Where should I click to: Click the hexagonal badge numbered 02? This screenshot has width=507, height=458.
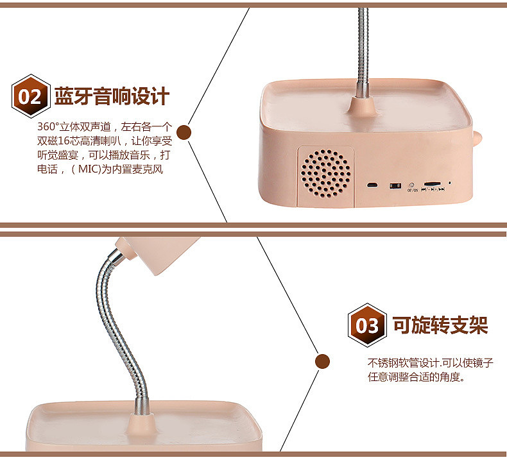click(x=30, y=97)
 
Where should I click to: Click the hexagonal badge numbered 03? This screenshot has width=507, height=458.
click(x=367, y=325)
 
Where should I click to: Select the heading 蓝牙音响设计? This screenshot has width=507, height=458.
click(x=112, y=97)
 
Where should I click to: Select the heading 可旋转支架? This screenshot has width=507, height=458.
click(x=440, y=325)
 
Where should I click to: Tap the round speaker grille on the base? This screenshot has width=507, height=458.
click(x=326, y=173)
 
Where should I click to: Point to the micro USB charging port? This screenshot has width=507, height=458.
click(x=372, y=185)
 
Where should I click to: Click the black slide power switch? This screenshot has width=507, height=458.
click(x=394, y=186)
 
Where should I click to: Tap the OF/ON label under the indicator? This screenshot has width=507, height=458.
click(x=412, y=191)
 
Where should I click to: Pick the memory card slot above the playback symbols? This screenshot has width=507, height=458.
click(x=432, y=183)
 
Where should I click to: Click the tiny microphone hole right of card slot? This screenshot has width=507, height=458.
click(x=450, y=183)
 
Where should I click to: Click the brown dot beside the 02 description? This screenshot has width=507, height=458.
click(x=185, y=133)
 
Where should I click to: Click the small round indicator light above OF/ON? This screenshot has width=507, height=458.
click(x=411, y=184)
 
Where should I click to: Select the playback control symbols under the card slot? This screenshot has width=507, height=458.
click(x=433, y=191)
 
